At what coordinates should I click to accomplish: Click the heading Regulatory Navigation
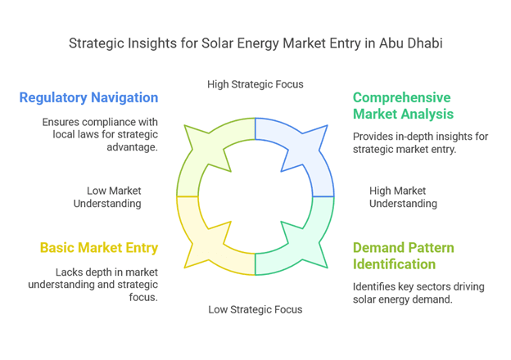coord(88,97)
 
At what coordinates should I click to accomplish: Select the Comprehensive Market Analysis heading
coord(403,106)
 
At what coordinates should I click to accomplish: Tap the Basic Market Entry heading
coord(99,248)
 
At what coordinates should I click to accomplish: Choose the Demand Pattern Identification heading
coord(404,256)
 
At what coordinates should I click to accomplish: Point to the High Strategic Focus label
coord(255,84)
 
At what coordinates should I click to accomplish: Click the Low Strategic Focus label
coord(255,309)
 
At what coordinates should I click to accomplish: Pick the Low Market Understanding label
coord(107,197)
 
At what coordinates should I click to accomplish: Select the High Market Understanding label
coord(403,197)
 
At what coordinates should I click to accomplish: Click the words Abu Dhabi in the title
coord(410,43)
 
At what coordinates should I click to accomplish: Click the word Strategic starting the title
coord(97,43)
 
